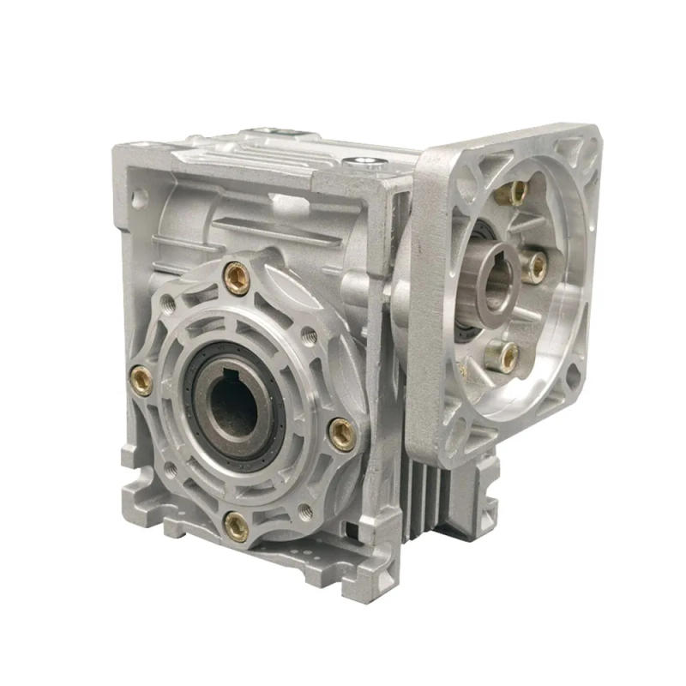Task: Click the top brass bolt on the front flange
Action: click(237, 277)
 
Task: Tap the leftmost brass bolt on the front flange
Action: click(141, 379)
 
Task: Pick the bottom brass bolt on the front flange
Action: click(235, 526)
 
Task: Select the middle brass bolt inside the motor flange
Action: click(535, 267)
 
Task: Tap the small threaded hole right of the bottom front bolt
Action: click(305, 514)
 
